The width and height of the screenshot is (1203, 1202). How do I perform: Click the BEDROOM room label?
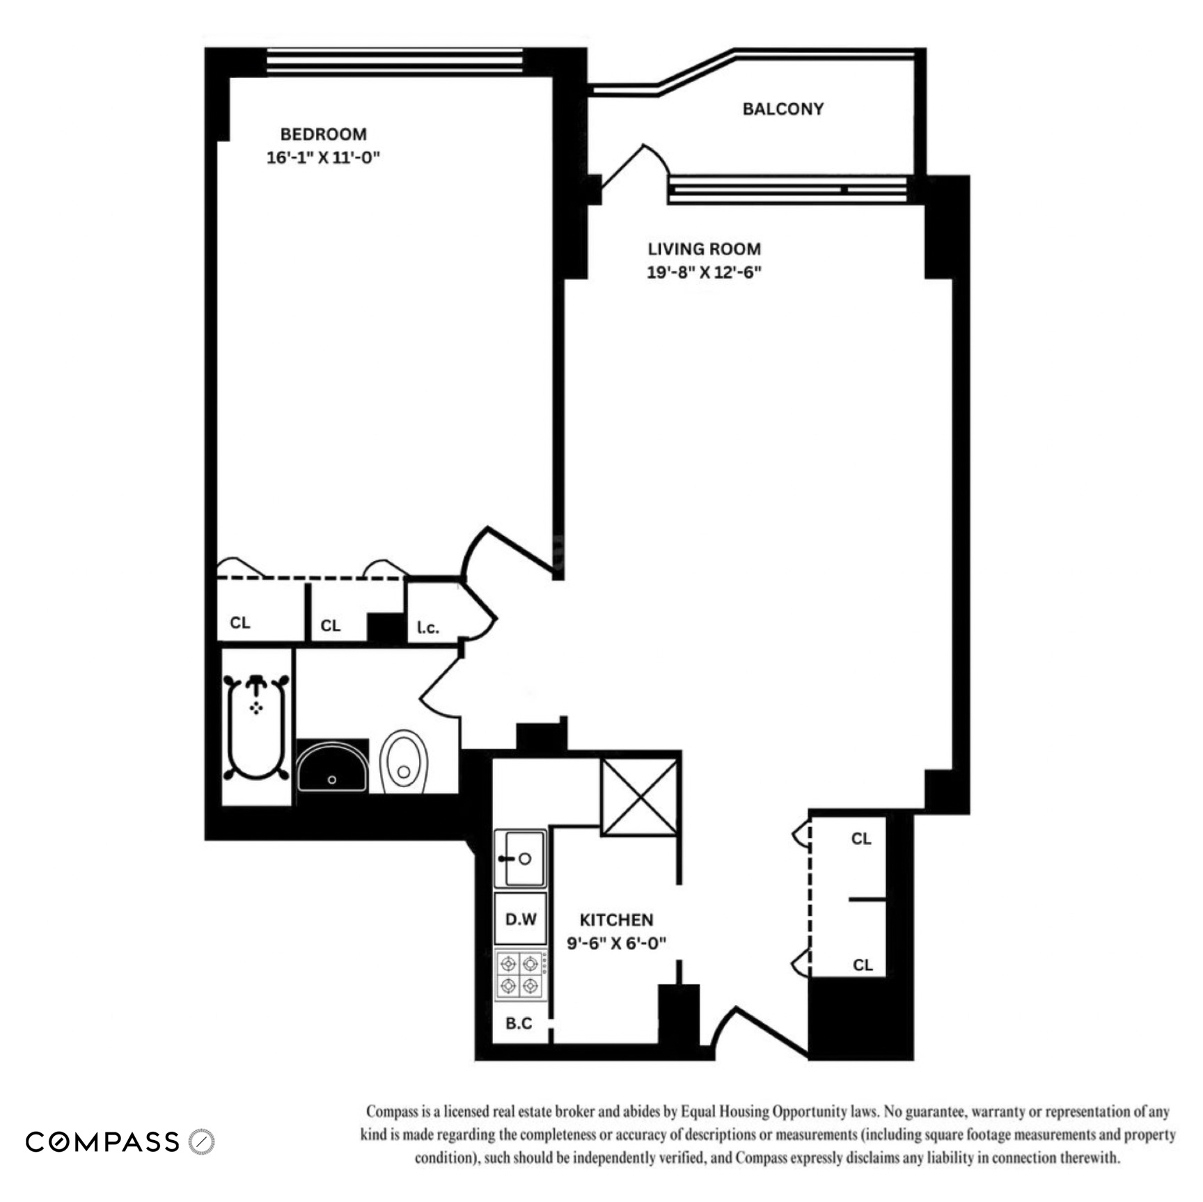(323, 134)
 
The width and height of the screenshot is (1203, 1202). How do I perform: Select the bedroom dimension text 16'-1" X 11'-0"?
(323, 157)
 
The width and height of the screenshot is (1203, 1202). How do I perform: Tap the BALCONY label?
(783, 109)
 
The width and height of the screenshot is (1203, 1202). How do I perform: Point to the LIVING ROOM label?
(704, 248)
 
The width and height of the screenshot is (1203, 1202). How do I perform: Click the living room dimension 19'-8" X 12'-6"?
(704, 272)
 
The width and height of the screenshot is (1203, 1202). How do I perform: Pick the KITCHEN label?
(616, 919)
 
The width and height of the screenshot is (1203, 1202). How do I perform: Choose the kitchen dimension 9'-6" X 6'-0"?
(616, 943)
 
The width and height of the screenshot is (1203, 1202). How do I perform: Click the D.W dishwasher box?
(520, 919)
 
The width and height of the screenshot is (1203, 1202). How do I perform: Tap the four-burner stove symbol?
(520, 975)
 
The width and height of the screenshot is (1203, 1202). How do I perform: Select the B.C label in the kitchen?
(519, 1023)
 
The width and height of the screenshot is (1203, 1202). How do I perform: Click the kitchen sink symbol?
(520, 858)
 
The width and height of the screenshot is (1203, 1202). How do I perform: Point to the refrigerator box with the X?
(639, 797)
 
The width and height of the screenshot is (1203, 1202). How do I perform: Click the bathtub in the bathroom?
(256, 727)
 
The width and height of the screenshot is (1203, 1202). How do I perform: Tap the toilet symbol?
(404, 761)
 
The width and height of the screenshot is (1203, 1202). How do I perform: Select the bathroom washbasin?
(332, 767)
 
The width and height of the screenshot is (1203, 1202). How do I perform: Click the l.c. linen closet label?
(428, 628)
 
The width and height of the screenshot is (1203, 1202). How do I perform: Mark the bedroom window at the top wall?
(395, 61)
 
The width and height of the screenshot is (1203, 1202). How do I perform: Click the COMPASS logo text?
(103, 1142)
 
